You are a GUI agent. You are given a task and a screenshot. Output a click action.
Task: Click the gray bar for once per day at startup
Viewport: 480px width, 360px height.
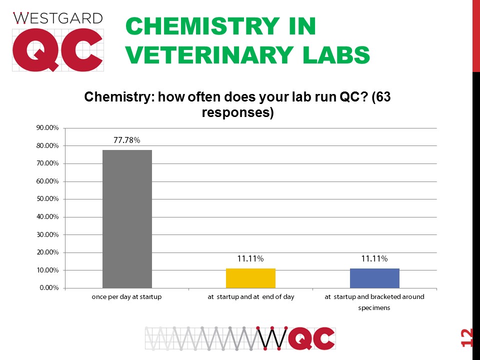point(127,219)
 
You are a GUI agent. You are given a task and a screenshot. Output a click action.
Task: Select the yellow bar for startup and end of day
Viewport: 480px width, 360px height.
point(250,278)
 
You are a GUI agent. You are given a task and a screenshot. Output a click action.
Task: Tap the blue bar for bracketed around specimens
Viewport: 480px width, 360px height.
point(374,278)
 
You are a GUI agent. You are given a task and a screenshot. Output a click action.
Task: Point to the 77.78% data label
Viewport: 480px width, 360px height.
point(126,140)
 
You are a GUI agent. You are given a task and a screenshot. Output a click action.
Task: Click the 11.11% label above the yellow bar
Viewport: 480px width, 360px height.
point(250,258)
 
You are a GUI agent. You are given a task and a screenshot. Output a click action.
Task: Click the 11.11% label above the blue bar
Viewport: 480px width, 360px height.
point(374,258)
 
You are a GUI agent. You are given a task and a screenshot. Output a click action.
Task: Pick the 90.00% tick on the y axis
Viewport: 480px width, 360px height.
point(48,128)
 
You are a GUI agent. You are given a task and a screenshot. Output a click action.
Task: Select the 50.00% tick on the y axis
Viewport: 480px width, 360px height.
point(48,199)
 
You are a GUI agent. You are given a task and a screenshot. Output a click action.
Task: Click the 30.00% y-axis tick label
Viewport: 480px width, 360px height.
point(48,234)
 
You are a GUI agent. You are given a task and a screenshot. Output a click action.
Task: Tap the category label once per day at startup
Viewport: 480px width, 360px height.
point(127,297)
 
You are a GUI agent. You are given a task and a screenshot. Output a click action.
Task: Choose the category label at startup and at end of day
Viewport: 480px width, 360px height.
point(251,297)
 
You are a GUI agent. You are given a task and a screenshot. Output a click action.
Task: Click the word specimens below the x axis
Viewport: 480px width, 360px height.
point(374,308)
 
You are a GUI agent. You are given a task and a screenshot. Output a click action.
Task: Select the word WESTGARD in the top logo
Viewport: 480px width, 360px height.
point(57,19)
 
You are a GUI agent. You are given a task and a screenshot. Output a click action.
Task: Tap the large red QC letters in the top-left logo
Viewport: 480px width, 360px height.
point(57,50)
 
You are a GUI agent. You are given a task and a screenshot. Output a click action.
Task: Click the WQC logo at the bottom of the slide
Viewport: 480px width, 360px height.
point(240,338)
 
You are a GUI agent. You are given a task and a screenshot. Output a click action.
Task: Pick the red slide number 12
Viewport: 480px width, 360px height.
point(467,338)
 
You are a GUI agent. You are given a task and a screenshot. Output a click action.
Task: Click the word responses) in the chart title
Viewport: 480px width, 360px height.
point(237,113)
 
